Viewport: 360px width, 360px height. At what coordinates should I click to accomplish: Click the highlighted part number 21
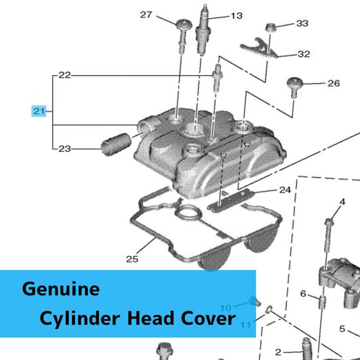39,111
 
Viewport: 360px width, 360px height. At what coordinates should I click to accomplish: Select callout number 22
65,75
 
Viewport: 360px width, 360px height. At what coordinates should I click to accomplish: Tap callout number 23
65,149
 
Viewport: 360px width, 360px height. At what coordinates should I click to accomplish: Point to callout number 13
236,16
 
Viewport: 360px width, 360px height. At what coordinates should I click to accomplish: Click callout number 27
146,15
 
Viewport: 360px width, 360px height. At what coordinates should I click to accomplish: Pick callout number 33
302,23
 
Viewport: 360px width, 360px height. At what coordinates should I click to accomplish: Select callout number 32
304,54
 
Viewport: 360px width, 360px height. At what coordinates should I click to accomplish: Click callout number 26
334,83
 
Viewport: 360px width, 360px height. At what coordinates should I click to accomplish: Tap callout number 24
285,190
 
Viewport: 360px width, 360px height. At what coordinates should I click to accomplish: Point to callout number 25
132,259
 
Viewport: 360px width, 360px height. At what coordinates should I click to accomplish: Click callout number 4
342,202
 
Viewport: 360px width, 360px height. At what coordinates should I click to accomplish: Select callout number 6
303,293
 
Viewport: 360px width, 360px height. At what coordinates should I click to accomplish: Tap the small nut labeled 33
270,27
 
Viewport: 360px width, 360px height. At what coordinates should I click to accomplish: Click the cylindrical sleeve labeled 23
116,144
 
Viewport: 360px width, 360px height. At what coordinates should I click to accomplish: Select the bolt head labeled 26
294,82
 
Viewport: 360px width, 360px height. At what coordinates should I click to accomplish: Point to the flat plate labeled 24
231,200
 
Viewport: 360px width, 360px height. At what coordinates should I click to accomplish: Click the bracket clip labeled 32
259,48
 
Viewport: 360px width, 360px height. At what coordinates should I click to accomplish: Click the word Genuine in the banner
61,289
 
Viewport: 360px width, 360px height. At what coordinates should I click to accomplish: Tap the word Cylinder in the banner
80,318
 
